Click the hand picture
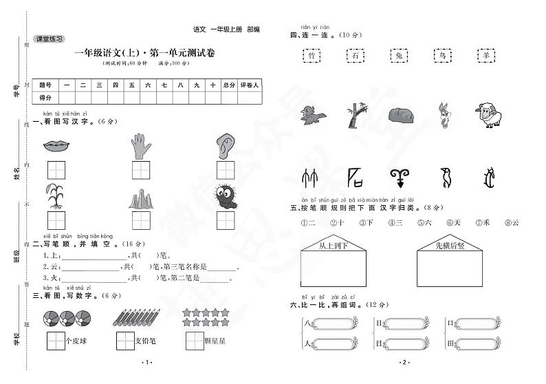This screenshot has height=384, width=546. tap(140, 145)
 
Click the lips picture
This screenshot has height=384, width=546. tap(56, 146)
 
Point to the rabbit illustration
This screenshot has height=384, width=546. tap(444, 116)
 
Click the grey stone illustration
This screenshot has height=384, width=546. tap(400, 116)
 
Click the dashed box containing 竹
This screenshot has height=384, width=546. tap(312, 56)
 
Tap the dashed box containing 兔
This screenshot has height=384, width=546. tap(400, 56)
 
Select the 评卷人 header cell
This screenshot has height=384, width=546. tap(249, 85)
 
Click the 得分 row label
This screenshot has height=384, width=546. tap(45, 98)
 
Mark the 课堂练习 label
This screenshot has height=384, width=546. tap(48, 39)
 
